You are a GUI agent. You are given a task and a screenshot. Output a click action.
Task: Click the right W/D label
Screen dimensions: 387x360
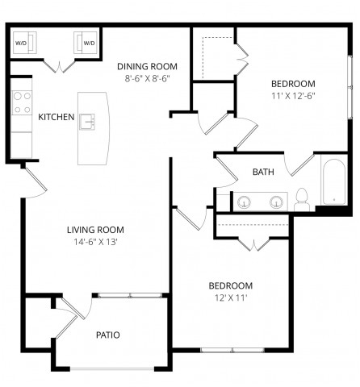89,43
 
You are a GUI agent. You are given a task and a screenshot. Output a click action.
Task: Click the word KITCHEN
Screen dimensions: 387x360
57,118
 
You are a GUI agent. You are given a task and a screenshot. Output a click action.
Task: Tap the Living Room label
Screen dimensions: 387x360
94,230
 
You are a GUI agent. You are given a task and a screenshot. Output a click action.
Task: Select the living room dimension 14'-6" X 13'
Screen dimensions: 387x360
94,242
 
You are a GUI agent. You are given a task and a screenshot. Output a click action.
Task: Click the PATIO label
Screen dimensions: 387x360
108,335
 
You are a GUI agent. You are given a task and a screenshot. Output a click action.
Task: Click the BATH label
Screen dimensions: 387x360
263,172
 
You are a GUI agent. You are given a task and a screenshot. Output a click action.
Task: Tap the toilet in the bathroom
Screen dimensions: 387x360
302,198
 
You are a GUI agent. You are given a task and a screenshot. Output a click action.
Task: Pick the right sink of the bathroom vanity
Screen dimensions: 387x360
276,202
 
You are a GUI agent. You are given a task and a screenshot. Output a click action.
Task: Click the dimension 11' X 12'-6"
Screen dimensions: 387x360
292,96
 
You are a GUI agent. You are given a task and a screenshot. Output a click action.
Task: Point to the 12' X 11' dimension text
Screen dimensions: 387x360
231,298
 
